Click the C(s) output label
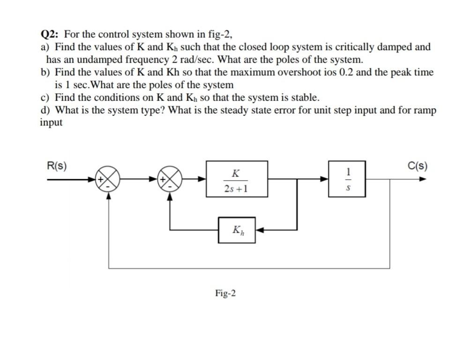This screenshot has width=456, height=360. click(x=417, y=166)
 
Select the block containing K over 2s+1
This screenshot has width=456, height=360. click(x=237, y=178)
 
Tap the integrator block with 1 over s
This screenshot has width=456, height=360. click(x=347, y=178)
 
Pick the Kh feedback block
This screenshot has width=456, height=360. click(x=237, y=229)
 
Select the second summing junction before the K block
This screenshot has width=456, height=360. click(x=171, y=179)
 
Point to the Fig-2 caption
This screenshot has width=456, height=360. click(x=225, y=294)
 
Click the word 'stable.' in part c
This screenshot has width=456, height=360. click(x=306, y=98)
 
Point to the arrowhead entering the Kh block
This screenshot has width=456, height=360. click(x=260, y=229)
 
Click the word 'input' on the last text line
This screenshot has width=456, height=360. click(x=51, y=123)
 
